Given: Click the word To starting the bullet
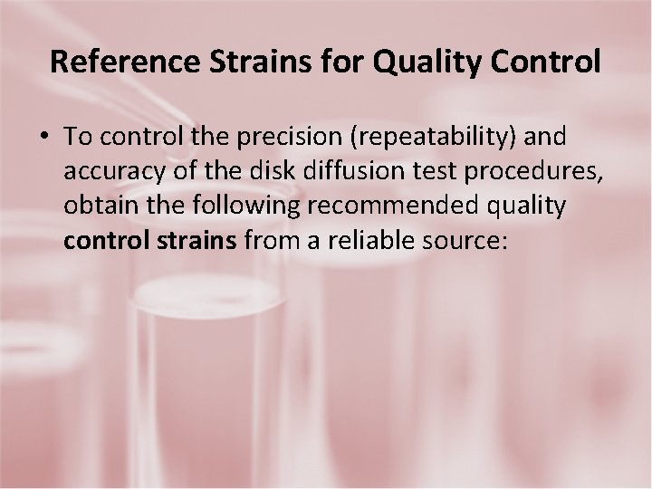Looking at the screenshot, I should [79, 137].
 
